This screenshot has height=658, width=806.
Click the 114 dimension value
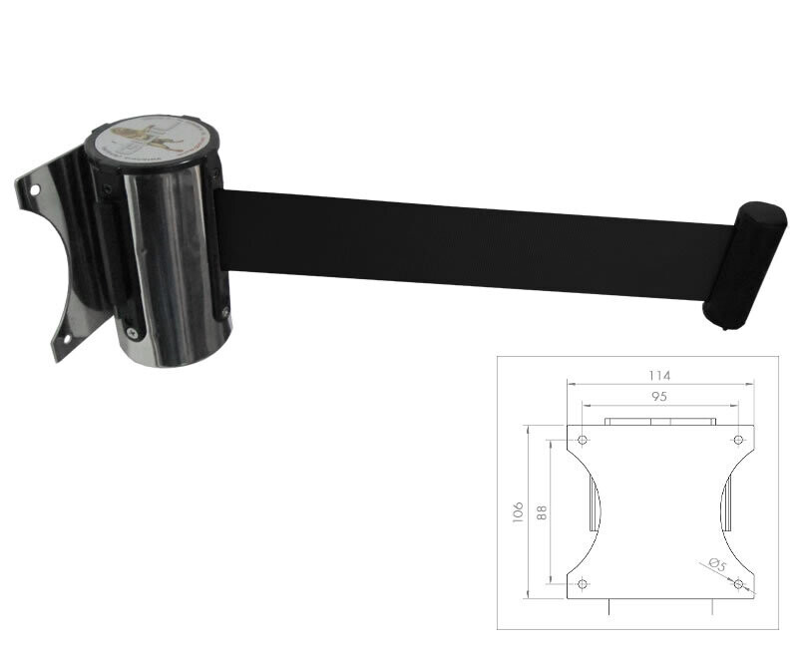click(658, 375)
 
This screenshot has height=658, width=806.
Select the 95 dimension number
click(658, 396)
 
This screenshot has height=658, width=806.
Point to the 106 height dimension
click(516, 511)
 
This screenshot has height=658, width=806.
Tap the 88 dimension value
click(542, 511)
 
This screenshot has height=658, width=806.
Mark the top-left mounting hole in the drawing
click(583, 440)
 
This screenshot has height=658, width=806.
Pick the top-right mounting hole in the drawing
click(738, 440)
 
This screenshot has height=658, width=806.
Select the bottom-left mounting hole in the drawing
click(583, 583)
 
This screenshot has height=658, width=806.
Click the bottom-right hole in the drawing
click(738, 583)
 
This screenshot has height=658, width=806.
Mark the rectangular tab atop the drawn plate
click(659, 422)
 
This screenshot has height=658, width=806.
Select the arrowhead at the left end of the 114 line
click(570, 384)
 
